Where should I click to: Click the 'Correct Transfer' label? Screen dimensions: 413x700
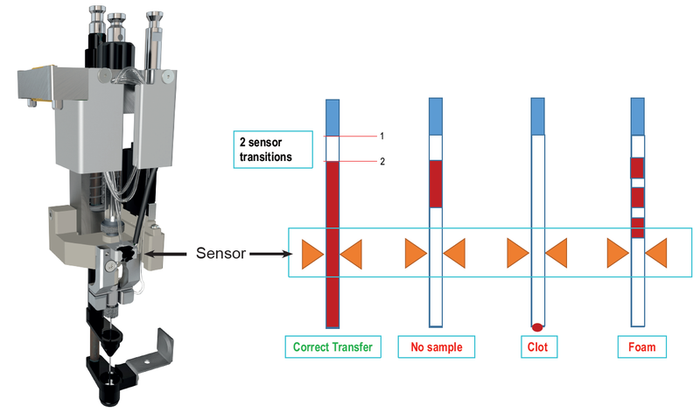click(332, 347)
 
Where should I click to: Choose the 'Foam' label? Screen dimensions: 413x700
click(638, 347)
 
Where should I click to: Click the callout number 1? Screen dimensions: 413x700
click(382, 136)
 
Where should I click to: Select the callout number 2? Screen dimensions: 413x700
click(382, 162)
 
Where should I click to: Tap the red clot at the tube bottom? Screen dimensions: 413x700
click(538, 326)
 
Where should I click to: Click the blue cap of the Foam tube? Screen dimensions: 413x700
click(638, 117)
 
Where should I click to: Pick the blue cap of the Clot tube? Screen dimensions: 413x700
click(538, 116)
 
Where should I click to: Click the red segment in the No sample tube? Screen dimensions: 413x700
click(436, 184)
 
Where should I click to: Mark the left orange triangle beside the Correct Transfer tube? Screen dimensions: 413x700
click(312, 254)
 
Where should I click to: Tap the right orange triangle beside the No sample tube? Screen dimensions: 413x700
click(455, 254)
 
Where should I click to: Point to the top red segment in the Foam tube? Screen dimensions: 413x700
click(638, 167)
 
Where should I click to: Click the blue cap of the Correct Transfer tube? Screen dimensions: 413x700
click(332, 117)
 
